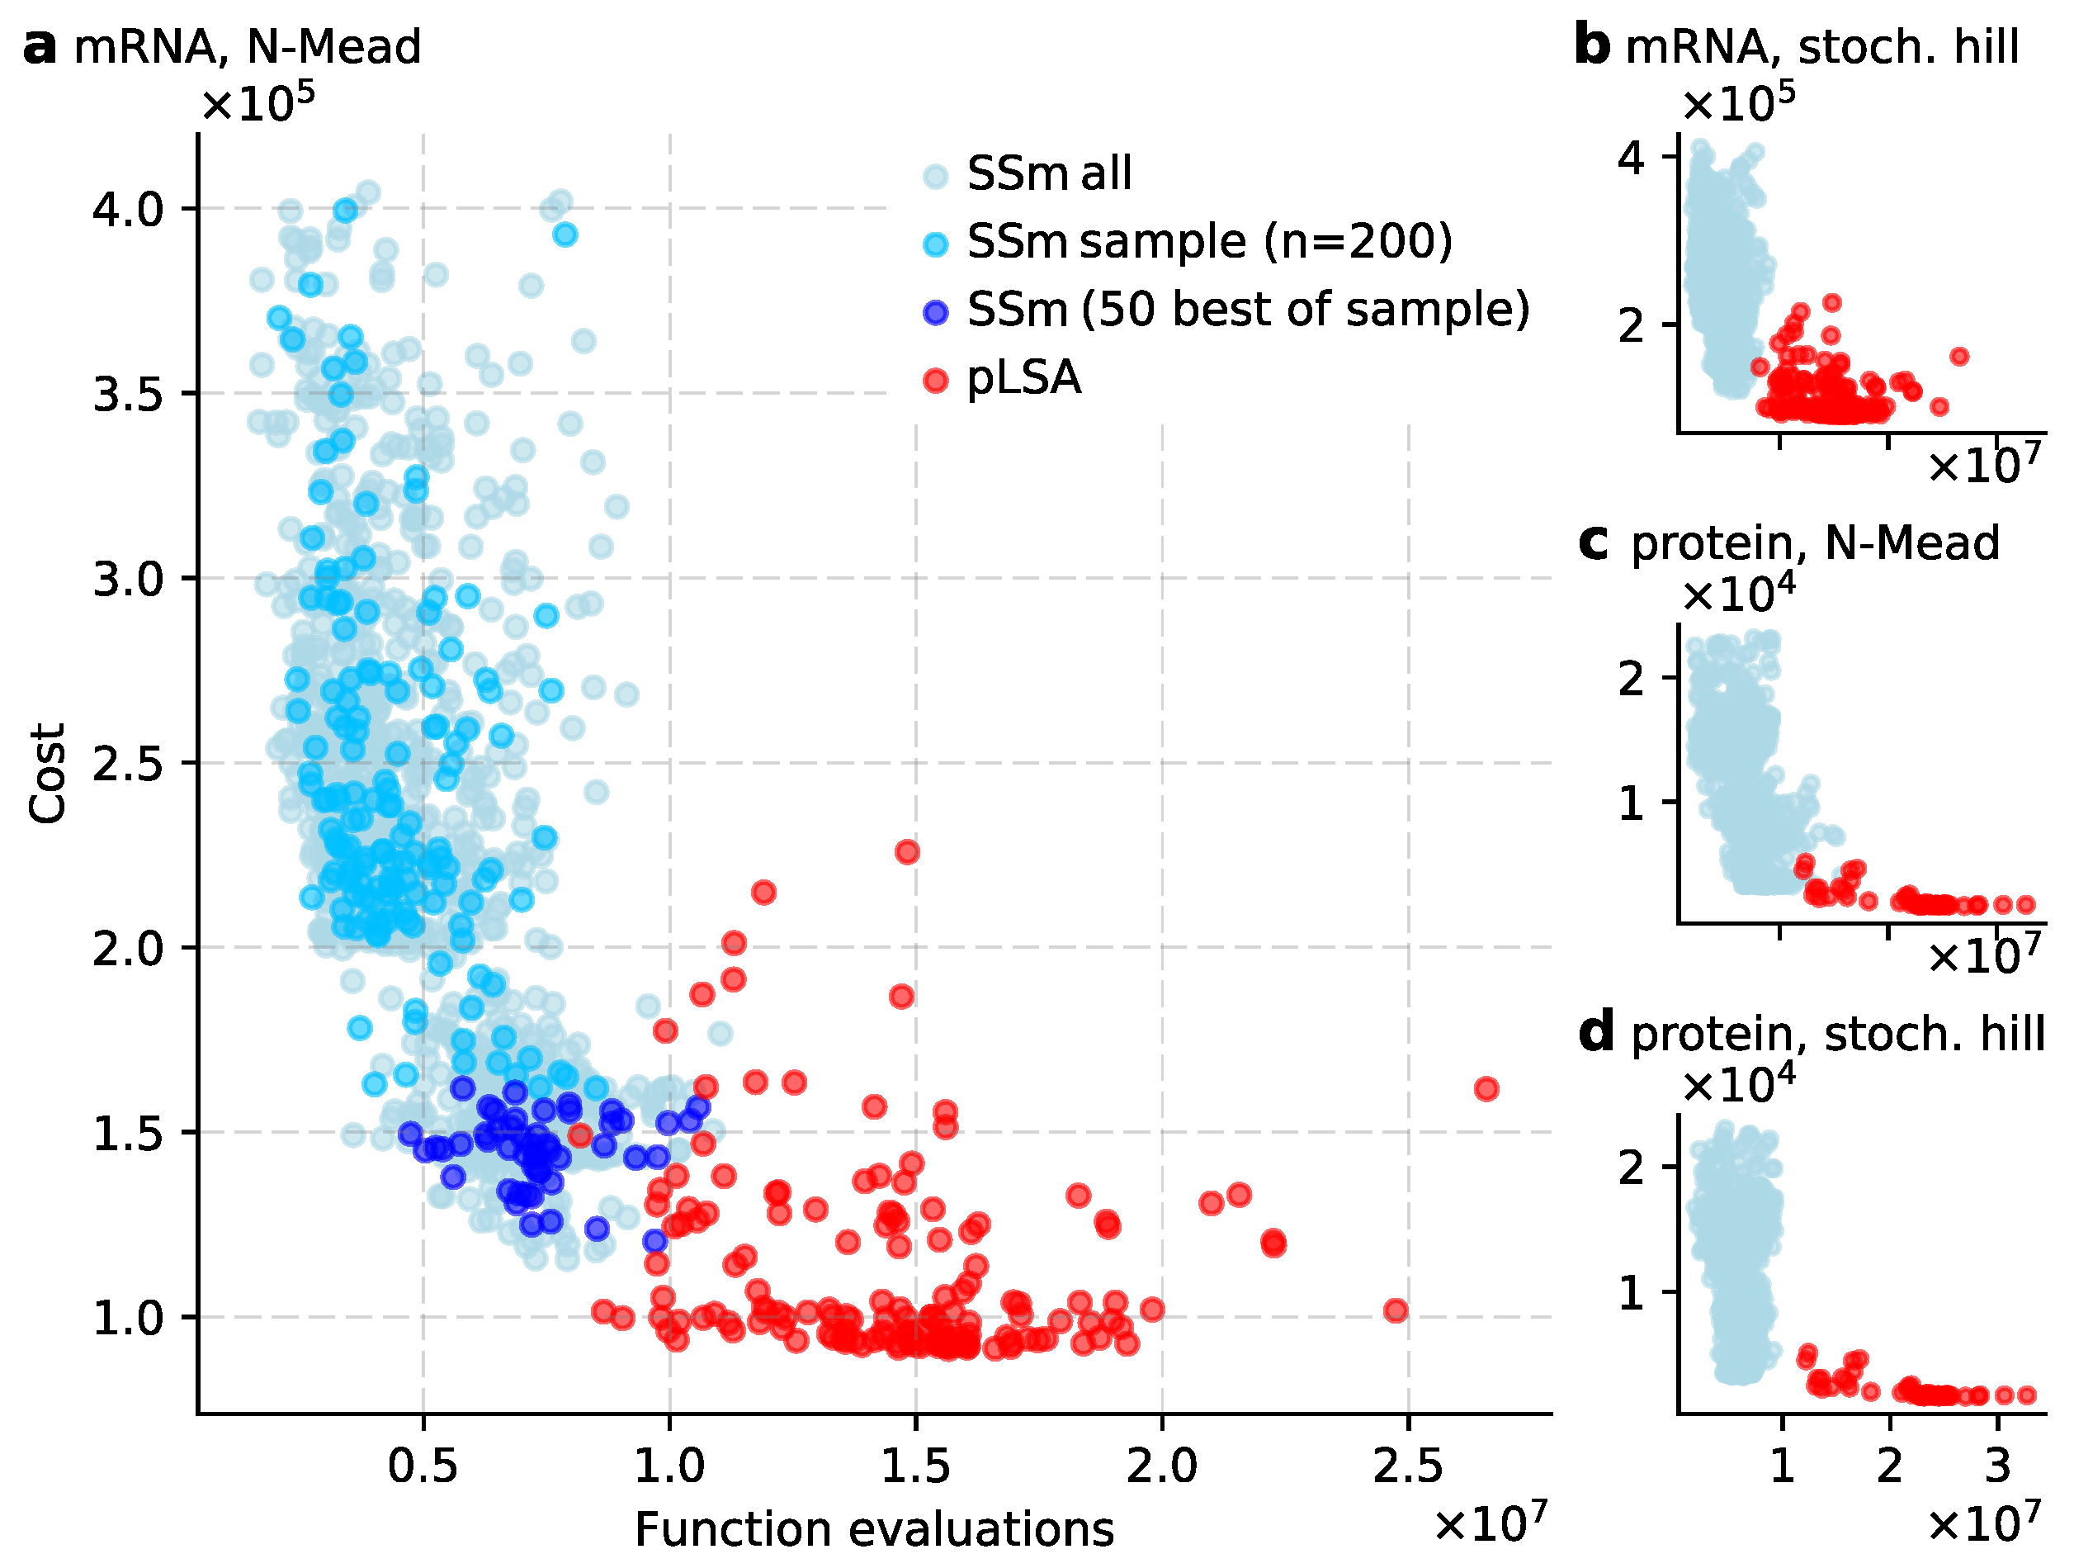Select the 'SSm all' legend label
pos(1048,173)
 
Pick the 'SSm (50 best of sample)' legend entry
pos(1248,310)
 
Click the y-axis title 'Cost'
pos(48,773)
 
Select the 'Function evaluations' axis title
pos(874,1529)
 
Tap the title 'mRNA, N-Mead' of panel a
pos(247,47)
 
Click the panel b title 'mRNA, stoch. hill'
pos(1821,47)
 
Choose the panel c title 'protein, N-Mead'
pos(1815,543)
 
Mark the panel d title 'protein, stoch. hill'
pos(1838,1035)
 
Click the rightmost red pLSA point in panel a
pos(1486,1089)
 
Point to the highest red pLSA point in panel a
pos(907,851)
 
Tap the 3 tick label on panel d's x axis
pos(1997,1466)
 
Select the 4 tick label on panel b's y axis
pos(1632,159)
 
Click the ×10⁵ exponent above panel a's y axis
pos(257,102)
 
